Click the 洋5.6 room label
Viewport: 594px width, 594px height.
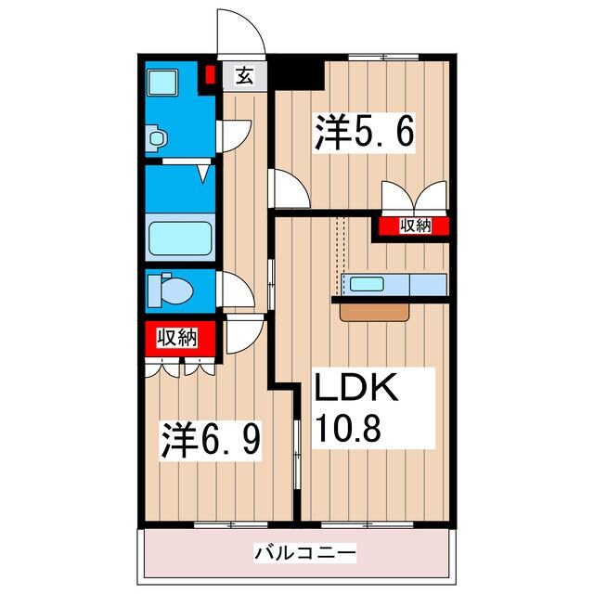pos(364,132)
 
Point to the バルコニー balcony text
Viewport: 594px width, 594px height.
pos(305,553)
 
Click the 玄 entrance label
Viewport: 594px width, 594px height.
pos(244,76)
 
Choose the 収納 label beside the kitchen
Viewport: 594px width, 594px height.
pos(416,226)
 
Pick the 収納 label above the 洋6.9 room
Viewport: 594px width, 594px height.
pos(177,338)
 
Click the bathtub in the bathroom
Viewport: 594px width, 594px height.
pos(180,239)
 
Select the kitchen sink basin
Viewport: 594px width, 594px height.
pos(367,284)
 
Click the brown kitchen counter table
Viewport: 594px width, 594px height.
pos(375,313)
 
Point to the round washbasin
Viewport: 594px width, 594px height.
pos(157,137)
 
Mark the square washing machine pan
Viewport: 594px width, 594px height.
pos(163,83)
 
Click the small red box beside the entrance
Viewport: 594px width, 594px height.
pos(210,75)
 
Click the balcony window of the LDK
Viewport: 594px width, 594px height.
pos(368,524)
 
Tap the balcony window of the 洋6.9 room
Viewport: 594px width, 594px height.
pos(231,524)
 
